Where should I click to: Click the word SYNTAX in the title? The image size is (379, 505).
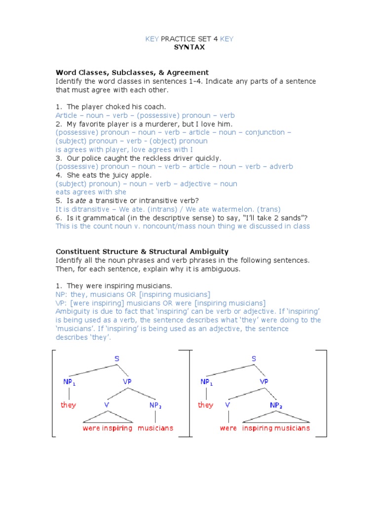(189, 47)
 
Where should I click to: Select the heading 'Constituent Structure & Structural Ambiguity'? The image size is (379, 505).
(142, 252)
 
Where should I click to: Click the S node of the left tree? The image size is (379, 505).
(117, 359)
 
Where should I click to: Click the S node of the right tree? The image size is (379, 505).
(254, 359)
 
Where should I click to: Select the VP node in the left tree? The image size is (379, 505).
(127, 382)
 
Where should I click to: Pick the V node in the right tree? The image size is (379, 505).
(227, 405)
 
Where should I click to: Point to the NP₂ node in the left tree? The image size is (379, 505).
(155, 405)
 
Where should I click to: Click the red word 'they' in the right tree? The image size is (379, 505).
(205, 405)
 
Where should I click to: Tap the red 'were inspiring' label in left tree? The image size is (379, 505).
(108, 428)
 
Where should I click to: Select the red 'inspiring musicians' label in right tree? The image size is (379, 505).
(276, 428)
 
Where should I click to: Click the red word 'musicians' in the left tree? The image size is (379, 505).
(155, 428)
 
